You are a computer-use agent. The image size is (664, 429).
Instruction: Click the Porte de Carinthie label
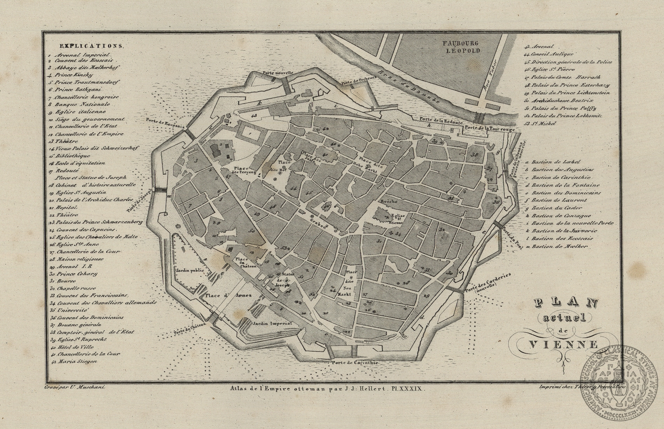(x=355, y=363)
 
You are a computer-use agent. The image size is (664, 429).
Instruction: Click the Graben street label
(x=320, y=224)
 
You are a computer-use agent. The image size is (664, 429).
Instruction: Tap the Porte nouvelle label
(x=278, y=73)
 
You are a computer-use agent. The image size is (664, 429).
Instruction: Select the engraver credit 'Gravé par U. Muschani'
(x=75, y=387)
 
